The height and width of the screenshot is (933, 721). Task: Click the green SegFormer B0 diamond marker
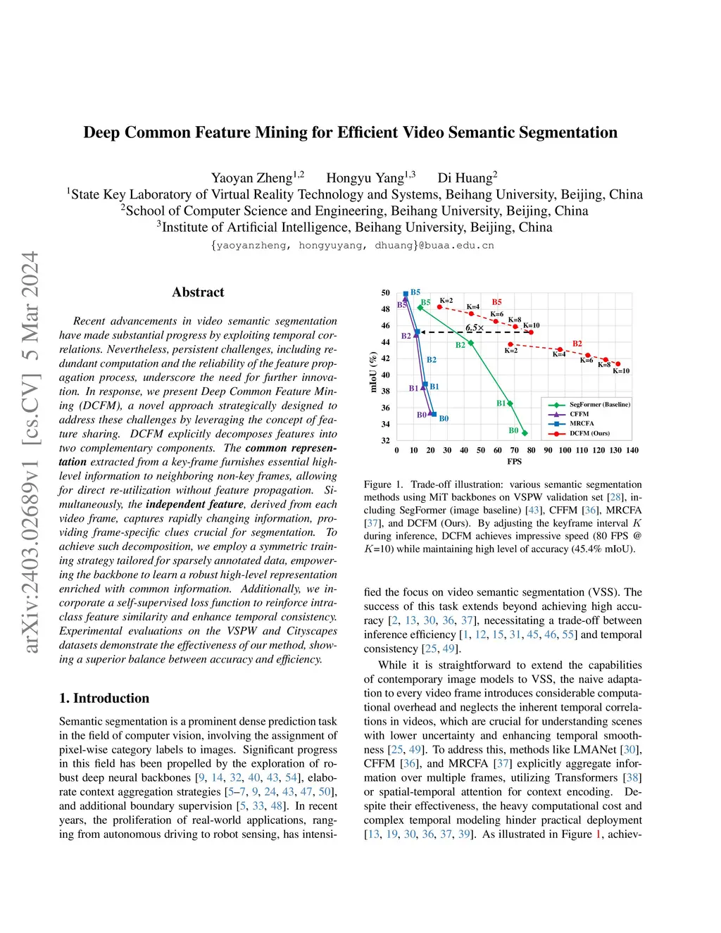525,433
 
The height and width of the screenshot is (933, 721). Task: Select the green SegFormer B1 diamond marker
510,403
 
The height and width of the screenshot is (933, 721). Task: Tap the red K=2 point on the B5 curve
440,307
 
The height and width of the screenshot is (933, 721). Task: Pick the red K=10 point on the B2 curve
618,364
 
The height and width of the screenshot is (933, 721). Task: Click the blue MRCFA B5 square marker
406,294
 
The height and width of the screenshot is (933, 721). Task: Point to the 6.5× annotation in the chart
475,328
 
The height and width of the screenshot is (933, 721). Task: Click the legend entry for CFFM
579,414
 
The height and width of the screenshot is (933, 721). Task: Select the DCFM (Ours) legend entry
589,433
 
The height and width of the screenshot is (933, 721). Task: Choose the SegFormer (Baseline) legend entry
599,404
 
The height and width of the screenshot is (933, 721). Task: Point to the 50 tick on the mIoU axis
385,293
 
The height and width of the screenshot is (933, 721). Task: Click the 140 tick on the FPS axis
632,451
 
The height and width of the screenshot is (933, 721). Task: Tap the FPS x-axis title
515,462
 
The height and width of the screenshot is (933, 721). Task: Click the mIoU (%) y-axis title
374,372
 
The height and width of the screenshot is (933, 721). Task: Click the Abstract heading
198,292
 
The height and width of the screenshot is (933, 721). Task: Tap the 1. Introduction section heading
104,698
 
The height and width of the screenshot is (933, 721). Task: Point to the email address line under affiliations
352,246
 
